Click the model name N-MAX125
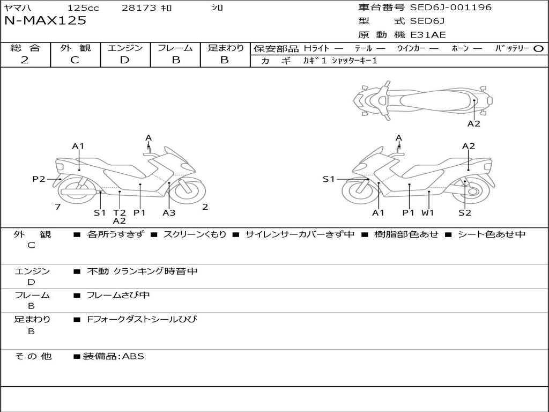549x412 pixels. [45, 21]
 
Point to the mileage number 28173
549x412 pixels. [139, 8]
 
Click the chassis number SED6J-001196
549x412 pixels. [450, 8]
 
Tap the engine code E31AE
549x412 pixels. [428, 35]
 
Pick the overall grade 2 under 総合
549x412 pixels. [25, 60]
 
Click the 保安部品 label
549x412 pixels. [276, 48]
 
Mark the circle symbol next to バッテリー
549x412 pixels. [538, 48]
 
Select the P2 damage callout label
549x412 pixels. [39, 179]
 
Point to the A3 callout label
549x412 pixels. [169, 212]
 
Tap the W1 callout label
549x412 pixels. [427, 212]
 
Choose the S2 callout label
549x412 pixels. [464, 212]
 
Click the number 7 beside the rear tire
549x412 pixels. [57, 207]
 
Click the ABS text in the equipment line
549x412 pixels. [133, 356]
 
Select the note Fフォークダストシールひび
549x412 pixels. [142, 319]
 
